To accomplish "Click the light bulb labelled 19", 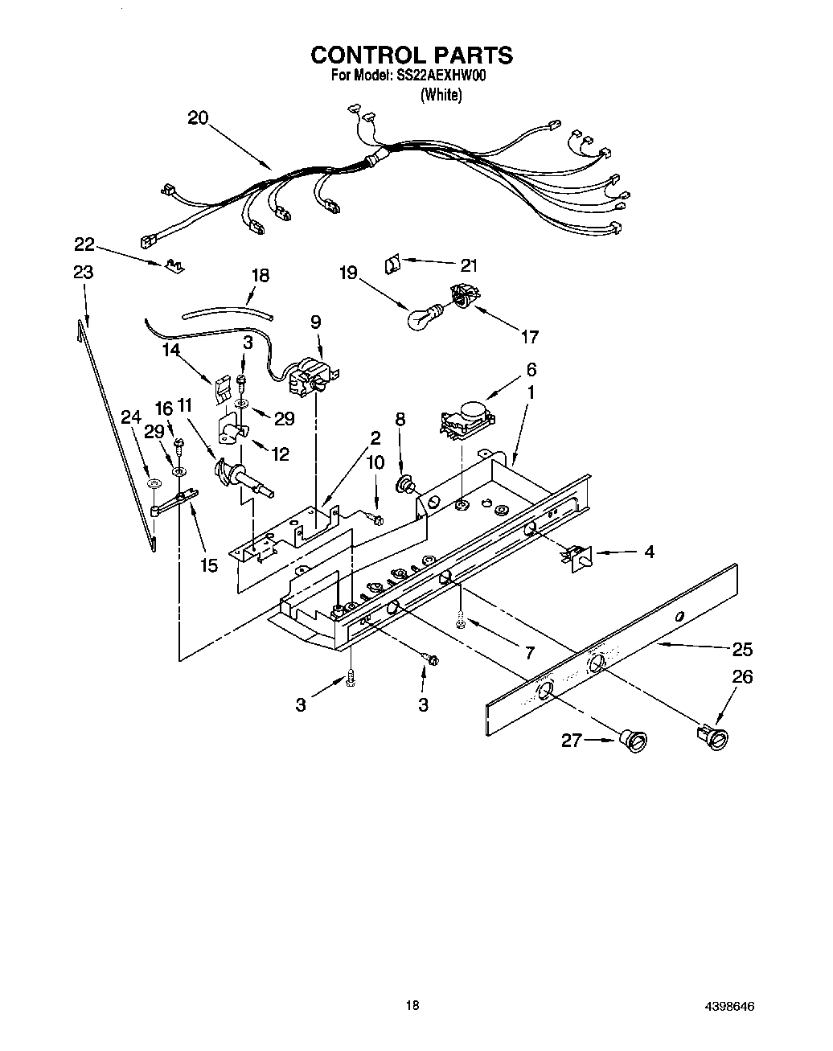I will tap(423, 317).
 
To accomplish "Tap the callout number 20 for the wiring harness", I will tap(198, 118).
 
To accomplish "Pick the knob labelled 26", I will tap(713, 737).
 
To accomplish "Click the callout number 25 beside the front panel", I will tap(742, 648).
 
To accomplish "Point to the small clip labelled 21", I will tap(392, 263).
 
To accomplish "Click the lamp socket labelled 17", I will tap(463, 298).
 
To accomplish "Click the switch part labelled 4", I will tap(578, 556).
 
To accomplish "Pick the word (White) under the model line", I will tap(441, 95).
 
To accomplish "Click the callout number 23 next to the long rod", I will tap(83, 272).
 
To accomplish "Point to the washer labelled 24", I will tap(152, 485).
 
